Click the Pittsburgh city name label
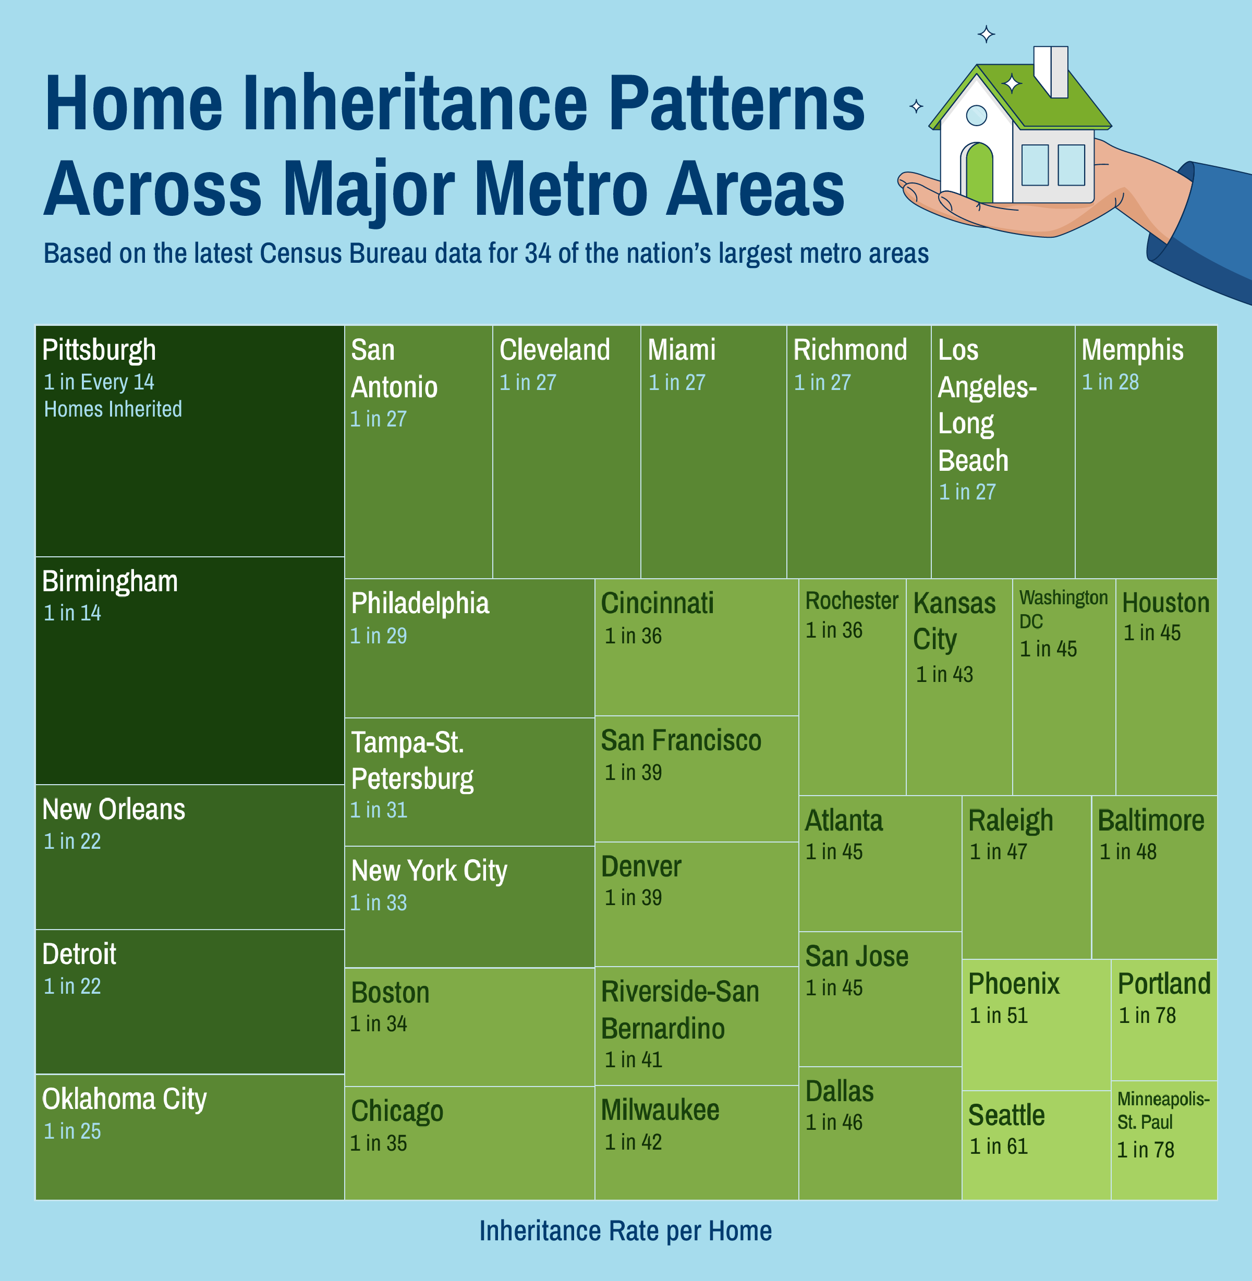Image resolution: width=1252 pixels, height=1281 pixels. [x=99, y=350]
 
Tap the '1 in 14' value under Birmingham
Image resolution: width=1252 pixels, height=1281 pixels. [x=72, y=613]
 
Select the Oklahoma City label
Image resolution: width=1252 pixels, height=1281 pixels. [x=124, y=1100]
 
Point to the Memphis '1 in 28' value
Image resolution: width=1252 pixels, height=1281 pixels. [x=1110, y=382]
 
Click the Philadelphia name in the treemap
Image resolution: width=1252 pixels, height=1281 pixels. [x=420, y=604]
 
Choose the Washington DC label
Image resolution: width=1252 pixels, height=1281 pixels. [x=1063, y=609]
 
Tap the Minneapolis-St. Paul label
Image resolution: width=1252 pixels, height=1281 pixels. [x=1163, y=1110]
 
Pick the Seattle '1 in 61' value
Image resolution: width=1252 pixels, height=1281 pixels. [x=998, y=1146]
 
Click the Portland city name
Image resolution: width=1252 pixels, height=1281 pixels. [x=1164, y=984]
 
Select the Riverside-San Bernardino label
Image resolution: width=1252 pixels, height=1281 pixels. [x=680, y=1010]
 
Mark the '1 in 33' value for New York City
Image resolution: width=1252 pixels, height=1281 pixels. [x=378, y=903]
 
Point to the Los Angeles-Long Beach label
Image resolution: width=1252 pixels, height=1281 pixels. [x=987, y=405]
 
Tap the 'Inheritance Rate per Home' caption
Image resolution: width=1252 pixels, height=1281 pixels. [x=625, y=1231]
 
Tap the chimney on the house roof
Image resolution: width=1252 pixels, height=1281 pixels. [x=1050, y=71]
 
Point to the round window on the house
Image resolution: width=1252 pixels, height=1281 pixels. [x=977, y=116]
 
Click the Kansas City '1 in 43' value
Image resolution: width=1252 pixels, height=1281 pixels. [x=944, y=674]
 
